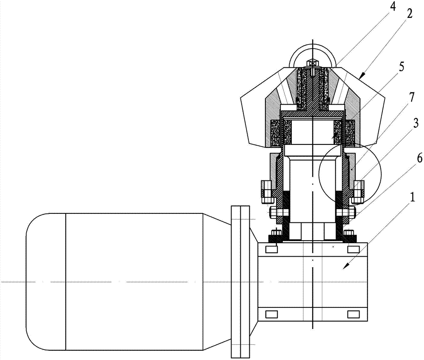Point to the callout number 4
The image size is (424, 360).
(393, 6)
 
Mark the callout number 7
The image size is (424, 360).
(411, 98)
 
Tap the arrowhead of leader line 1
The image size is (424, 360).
(344, 267)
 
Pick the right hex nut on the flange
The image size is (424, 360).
(358, 192)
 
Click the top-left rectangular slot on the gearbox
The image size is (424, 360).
(271, 249)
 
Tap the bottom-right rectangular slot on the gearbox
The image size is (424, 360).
(353, 314)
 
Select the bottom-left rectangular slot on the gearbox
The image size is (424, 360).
(271, 314)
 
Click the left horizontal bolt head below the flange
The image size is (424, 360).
(273, 213)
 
